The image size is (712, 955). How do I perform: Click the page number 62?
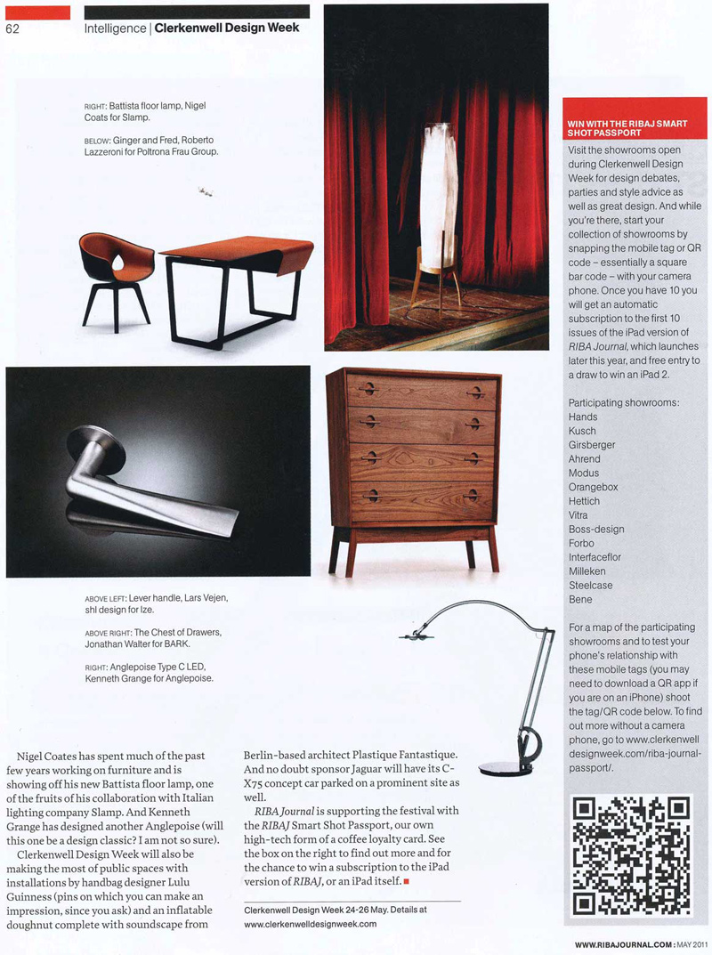click(12, 28)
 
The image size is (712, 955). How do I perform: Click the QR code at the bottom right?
click(631, 856)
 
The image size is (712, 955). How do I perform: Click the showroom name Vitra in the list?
click(578, 515)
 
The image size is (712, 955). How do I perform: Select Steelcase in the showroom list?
click(591, 586)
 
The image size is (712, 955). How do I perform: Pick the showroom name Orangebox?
click(593, 487)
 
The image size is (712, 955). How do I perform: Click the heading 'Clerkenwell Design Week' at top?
click(226, 28)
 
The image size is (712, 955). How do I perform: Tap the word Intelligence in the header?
click(115, 28)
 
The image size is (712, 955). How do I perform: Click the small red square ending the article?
click(406, 882)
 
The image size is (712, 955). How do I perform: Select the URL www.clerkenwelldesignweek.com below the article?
click(311, 924)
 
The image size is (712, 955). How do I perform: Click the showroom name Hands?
click(583, 417)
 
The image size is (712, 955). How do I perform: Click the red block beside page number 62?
click(37, 12)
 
